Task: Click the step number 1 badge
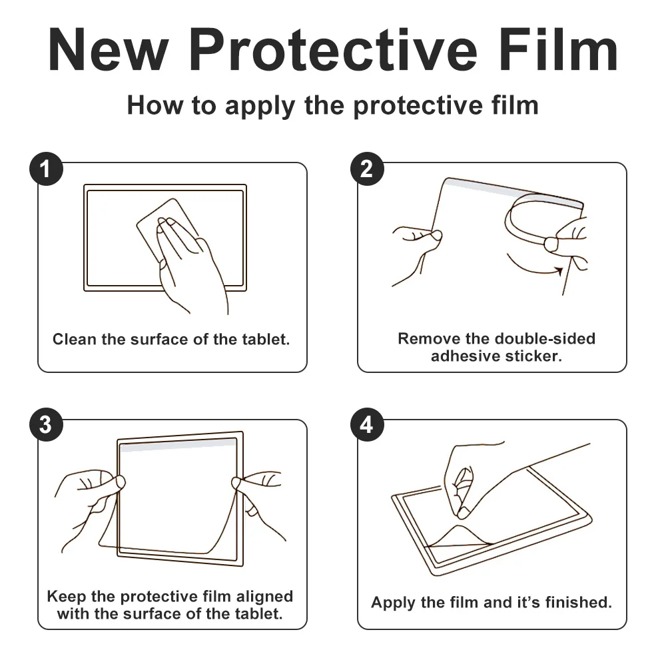click(46, 169)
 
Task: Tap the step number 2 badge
click(367, 169)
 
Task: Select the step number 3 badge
click(46, 425)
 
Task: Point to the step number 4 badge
click(367, 425)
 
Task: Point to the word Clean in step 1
click(75, 339)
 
